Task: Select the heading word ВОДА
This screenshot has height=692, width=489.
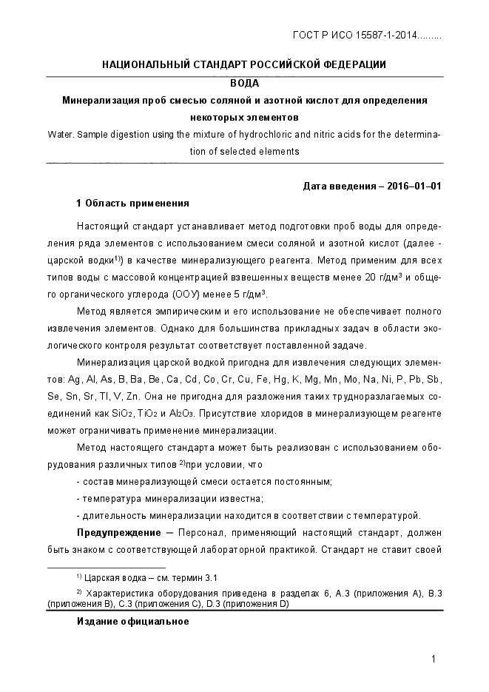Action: click(x=244, y=83)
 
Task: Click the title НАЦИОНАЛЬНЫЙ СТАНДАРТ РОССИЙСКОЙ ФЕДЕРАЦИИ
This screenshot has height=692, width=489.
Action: click(x=244, y=64)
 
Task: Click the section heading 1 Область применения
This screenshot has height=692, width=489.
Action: click(x=132, y=203)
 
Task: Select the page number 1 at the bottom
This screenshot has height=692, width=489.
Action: click(x=434, y=659)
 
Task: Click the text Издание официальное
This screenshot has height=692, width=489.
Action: click(x=132, y=622)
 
